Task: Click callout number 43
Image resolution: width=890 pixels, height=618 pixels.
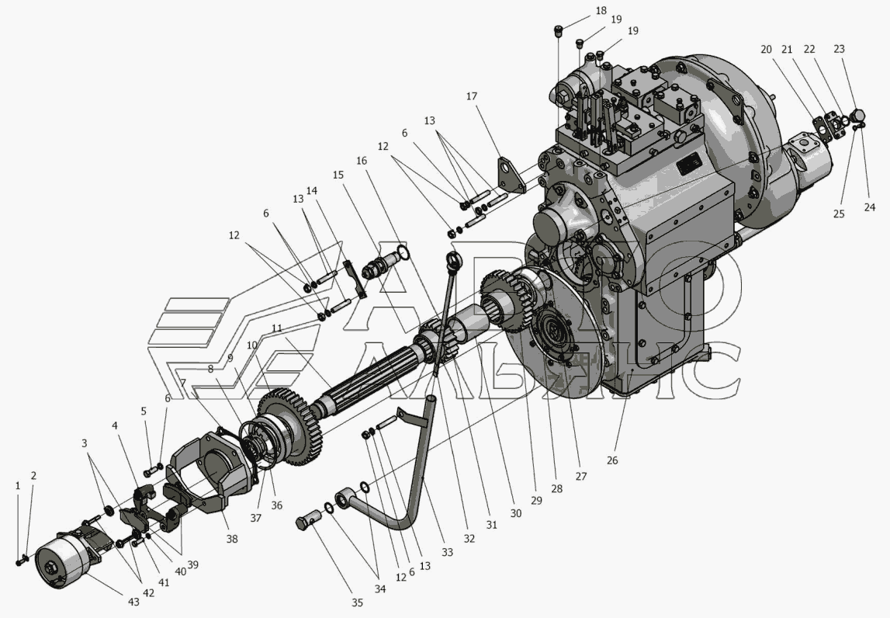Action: [133, 602]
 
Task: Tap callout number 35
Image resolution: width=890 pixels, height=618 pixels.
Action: [356, 603]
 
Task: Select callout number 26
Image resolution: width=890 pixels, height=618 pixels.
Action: [612, 460]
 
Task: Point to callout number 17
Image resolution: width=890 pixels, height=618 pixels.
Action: [472, 96]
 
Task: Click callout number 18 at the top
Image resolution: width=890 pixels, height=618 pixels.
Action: [601, 11]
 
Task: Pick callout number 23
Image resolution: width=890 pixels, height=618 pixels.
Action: [839, 49]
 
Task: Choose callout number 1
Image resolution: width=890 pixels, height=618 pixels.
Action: [18, 486]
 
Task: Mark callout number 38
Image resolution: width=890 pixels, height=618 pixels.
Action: [231, 539]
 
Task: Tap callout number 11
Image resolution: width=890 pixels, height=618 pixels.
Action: [277, 328]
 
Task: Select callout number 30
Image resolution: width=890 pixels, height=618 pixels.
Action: [515, 513]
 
